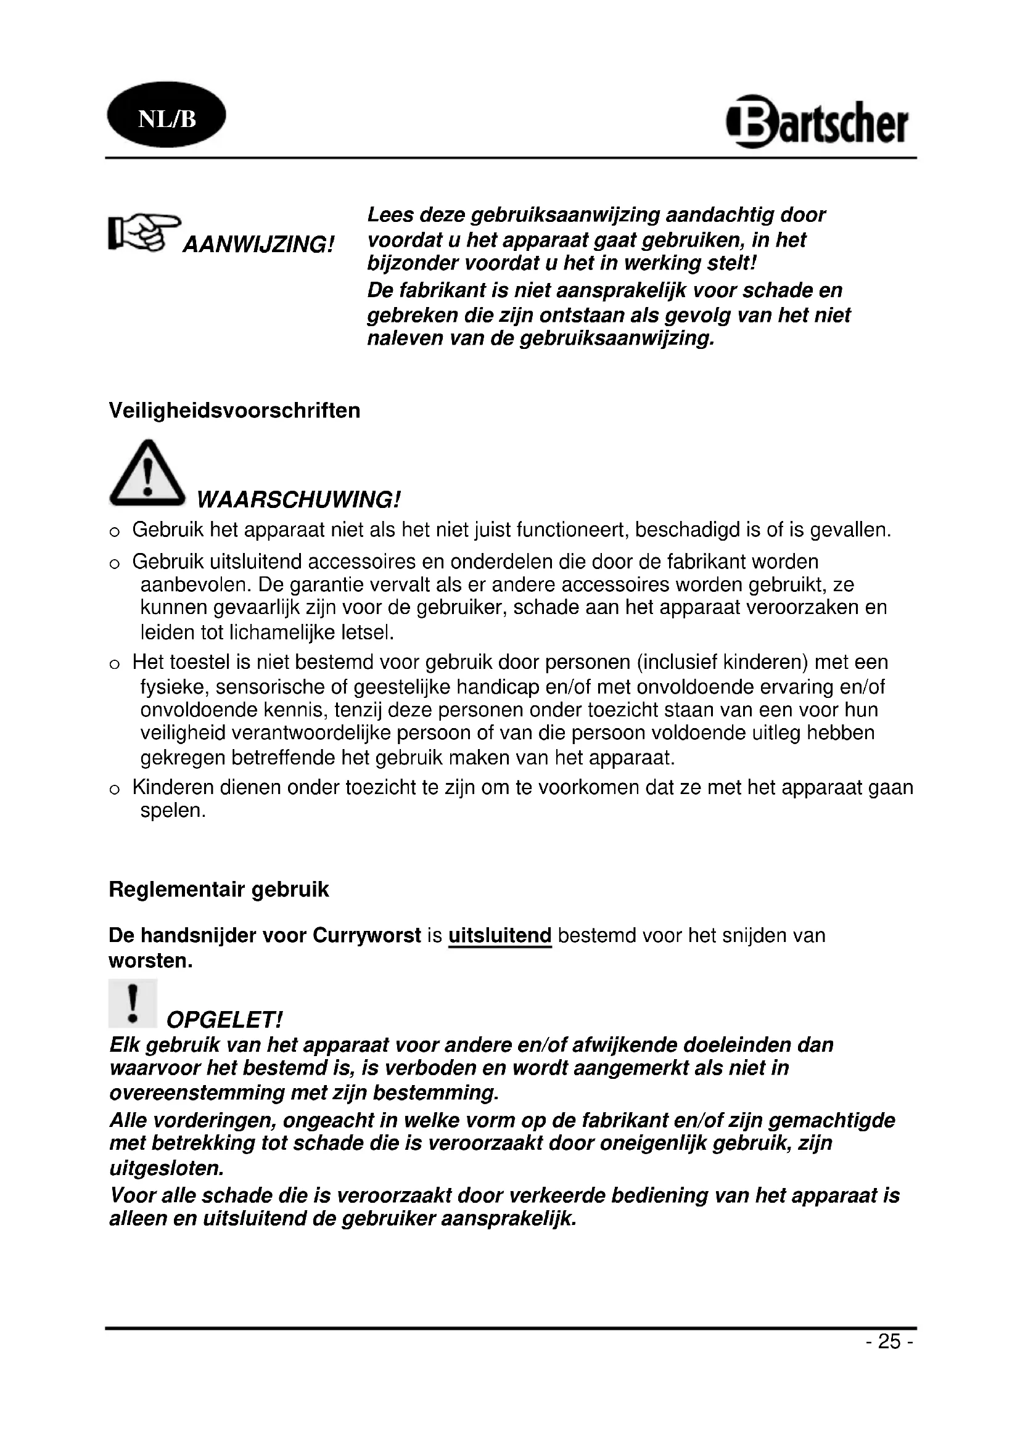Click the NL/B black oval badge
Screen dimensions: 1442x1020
coord(167,115)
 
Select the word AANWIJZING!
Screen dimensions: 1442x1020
coord(258,244)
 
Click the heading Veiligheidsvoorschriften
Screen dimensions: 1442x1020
coord(234,411)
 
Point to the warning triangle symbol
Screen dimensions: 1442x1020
coord(147,473)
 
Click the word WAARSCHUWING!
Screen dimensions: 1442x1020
coord(298,500)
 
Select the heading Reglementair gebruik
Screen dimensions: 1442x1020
coord(218,890)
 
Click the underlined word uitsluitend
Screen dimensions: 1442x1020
coord(500,936)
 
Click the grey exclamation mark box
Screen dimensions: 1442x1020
coord(133,1003)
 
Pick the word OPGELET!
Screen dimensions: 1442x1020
coord(224,1020)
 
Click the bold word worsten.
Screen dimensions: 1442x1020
coord(150,962)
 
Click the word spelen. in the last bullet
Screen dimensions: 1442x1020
coord(173,811)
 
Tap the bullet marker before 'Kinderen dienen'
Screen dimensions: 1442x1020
coord(114,790)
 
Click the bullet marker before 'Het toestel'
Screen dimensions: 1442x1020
coord(114,664)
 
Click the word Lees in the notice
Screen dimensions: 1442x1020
coord(389,215)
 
